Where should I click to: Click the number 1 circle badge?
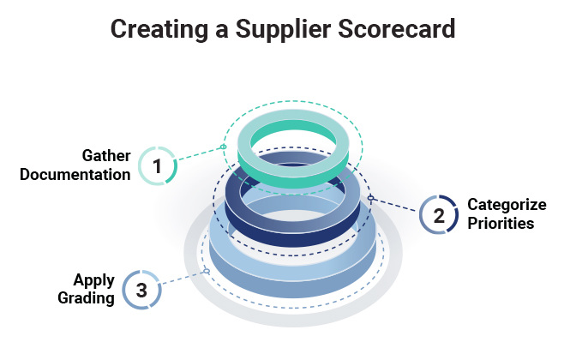click(x=158, y=164)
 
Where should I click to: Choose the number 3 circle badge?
click(x=141, y=290)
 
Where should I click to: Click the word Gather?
click(x=105, y=156)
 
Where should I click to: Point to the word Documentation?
click(x=75, y=174)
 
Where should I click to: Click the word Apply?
click(x=94, y=280)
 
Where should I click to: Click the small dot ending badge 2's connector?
click(x=370, y=198)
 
